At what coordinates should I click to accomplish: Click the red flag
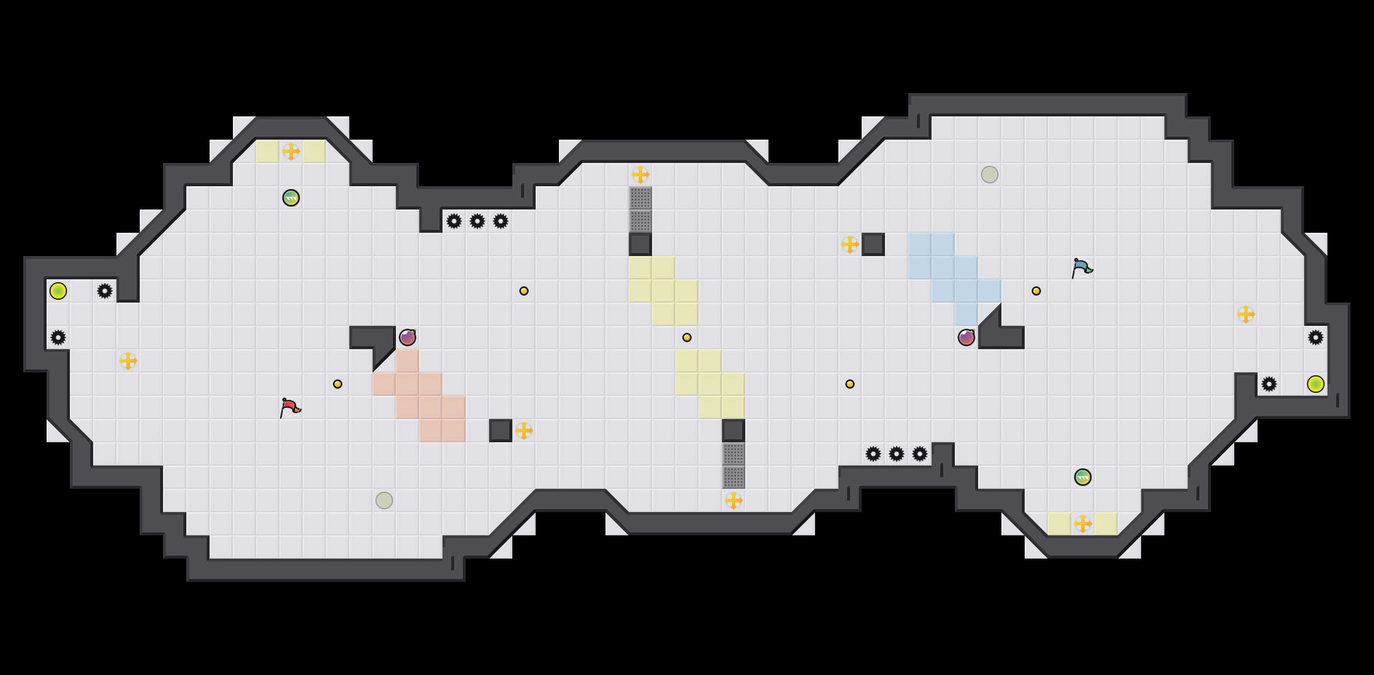(290, 407)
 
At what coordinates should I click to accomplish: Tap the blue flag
(1082, 268)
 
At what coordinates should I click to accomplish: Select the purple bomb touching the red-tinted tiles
(408, 337)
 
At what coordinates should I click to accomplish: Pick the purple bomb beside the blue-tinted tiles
(966, 337)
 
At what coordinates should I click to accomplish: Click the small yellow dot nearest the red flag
(338, 384)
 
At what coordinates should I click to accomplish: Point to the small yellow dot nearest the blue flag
(1036, 291)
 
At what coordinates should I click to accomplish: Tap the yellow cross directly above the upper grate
(640, 175)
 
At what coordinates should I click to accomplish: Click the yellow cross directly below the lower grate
(734, 500)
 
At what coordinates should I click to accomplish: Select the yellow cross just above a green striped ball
(291, 151)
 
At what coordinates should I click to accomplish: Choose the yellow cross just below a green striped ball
(1083, 524)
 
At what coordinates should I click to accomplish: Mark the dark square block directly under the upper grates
(640, 244)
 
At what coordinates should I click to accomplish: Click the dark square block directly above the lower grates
(734, 431)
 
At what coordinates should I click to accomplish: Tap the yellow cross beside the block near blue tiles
(850, 244)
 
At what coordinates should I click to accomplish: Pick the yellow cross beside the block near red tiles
(524, 431)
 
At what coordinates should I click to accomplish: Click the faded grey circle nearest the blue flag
(990, 175)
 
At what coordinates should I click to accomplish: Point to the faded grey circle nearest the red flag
(384, 500)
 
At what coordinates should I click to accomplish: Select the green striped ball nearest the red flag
(291, 198)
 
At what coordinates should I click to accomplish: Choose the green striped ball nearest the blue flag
(1083, 477)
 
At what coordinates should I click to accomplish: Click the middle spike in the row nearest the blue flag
(897, 454)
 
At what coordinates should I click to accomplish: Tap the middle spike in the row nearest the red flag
(477, 221)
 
